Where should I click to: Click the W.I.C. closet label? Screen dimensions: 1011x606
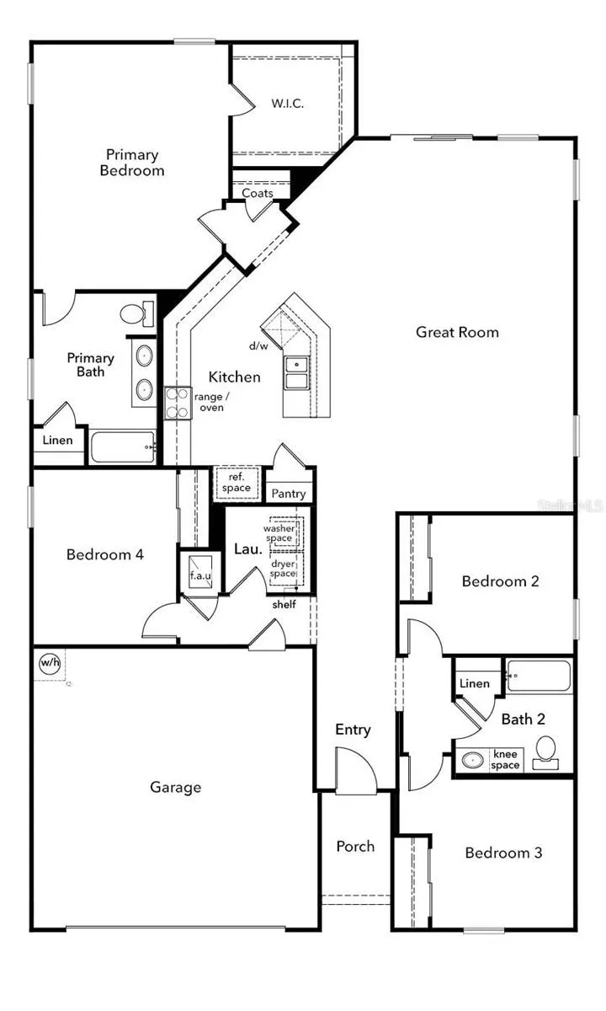click(x=287, y=104)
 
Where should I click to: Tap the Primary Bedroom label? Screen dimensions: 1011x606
click(x=132, y=163)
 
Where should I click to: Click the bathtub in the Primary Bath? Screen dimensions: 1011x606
click(x=123, y=447)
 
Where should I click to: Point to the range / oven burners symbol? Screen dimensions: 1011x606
click(x=178, y=404)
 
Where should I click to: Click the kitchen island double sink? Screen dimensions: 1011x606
click(x=295, y=372)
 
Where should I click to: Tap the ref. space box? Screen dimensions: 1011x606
click(x=236, y=483)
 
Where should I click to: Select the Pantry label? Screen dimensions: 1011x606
click(x=289, y=494)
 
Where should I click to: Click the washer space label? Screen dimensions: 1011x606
click(x=279, y=533)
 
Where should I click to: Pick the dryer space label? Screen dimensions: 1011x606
click(x=283, y=569)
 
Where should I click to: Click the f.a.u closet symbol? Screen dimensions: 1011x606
click(x=199, y=573)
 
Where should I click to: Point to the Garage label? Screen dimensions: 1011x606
click(x=175, y=787)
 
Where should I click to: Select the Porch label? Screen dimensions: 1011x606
click(x=355, y=846)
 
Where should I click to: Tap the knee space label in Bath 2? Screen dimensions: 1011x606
click(x=505, y=759)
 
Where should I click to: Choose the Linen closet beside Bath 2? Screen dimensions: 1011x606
click(x=475, y=683)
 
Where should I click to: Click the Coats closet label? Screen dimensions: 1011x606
click(x=258, y=193)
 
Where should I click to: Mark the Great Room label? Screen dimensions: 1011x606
click(x=457, y=332)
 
